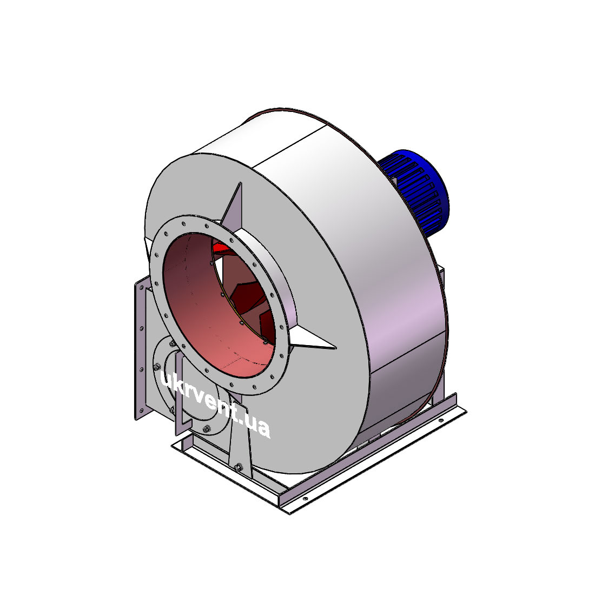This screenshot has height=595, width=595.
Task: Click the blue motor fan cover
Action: point(418,190)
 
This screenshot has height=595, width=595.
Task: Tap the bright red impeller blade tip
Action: point(221,247)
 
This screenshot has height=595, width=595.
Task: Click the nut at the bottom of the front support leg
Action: point(239,467)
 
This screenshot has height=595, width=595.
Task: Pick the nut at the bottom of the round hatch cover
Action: point(207,429)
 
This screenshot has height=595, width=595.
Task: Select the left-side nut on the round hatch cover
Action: point(157,367)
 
